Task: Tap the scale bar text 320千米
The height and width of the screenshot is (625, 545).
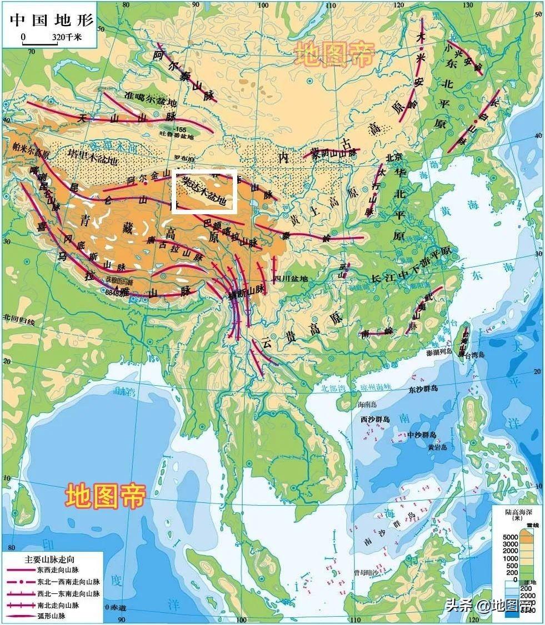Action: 67,37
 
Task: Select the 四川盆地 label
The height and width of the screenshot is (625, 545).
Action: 291,279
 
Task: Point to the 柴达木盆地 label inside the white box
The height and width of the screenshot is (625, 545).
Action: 204,190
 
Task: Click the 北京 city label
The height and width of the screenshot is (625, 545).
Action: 393,157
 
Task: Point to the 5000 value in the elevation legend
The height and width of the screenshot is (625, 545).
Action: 510,537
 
